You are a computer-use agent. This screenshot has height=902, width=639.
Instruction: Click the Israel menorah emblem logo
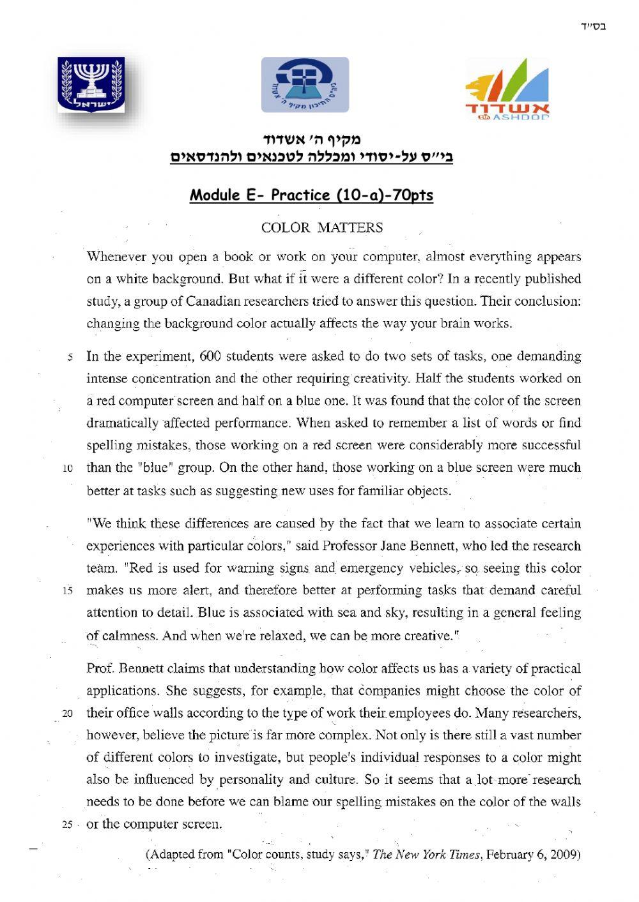pyautogui.click(x=91, y=84)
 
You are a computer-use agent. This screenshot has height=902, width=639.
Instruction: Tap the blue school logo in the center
pyautogui.click(x=305, y=84)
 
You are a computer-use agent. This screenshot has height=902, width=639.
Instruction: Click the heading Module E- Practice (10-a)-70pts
pyautogui.click(x=311, y=195)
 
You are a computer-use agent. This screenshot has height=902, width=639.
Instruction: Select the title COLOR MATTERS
pyautogui.click(x=322, y=227)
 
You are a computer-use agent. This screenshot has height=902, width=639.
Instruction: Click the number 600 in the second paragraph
pyautogui.click(x=210, y=356)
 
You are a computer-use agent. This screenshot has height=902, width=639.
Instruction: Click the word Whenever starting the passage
pyautogui.click(x=116, y=257)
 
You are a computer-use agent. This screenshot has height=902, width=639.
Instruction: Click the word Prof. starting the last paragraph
pyautogui.click(x=100, y=668)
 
